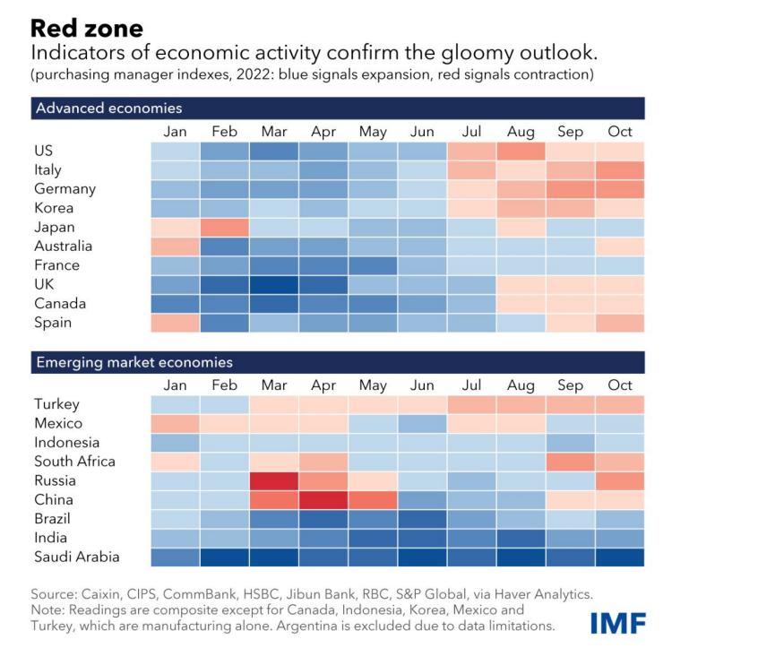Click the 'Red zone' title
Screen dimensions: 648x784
click(87, 30)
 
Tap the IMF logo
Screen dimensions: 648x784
click(617, 623)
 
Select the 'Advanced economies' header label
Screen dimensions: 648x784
click(108, 108)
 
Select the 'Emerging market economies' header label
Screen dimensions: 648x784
click(134, 363)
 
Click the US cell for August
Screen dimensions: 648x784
click(521, 151)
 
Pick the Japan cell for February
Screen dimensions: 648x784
click(225, 227)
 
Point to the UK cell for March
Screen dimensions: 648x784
click(274, 284)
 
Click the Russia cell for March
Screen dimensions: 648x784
click(274, 480)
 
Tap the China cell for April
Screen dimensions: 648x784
click(323, 499)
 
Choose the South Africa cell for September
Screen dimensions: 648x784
click(570, 462)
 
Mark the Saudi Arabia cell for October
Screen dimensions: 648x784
click(619, 557)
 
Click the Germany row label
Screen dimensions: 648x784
click(65, 189)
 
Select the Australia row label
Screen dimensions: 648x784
click(63, 246)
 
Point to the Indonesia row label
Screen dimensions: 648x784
click(66, 443)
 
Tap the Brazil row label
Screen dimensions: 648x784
click(52, 519)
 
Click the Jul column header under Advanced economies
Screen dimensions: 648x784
click(471, 132)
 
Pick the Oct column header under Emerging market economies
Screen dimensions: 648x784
click(619, 385)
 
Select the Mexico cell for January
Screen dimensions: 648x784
click(176, 423)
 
